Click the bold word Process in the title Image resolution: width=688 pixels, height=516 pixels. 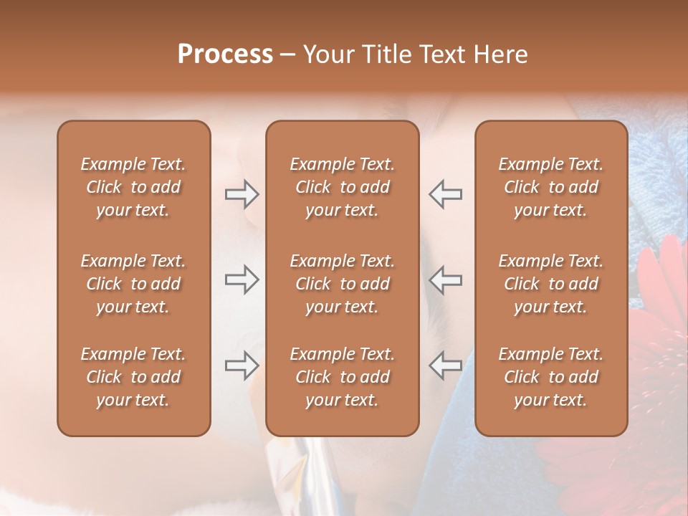click(225, 54)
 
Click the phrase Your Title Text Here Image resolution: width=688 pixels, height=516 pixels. click(416, 54)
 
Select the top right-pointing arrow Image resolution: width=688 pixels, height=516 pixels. click(242, 194)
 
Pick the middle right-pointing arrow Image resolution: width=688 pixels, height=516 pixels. click(242, 279)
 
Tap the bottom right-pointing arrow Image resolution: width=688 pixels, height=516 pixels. click(242, 365)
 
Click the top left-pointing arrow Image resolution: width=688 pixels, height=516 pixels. click(446, 194)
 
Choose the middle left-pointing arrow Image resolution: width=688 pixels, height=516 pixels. click(446, 279)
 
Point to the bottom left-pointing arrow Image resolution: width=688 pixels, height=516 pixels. click(446, 365)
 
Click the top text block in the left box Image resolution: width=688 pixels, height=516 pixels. click(133, 187)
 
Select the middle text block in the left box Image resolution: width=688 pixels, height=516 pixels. click(133, 284)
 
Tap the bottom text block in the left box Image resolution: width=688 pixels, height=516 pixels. click(133, 377)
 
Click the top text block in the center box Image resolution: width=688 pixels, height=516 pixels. click(342, 187)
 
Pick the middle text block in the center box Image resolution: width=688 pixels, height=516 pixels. click(342, 284)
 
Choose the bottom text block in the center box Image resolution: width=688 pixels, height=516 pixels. click(342, 377)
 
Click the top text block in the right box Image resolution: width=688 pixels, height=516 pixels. click(550, 187)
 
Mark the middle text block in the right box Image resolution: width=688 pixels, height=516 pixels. click(550, 284)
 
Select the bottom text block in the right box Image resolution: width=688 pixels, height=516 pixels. click(550, 377)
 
